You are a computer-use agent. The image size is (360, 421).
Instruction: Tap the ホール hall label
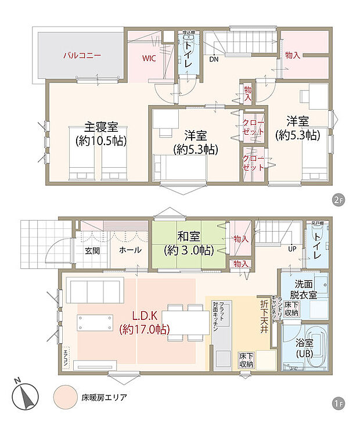(128, 250)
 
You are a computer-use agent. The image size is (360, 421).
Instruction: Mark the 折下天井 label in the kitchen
(264, 314)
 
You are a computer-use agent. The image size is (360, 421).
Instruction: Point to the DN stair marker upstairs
(213, 59)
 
